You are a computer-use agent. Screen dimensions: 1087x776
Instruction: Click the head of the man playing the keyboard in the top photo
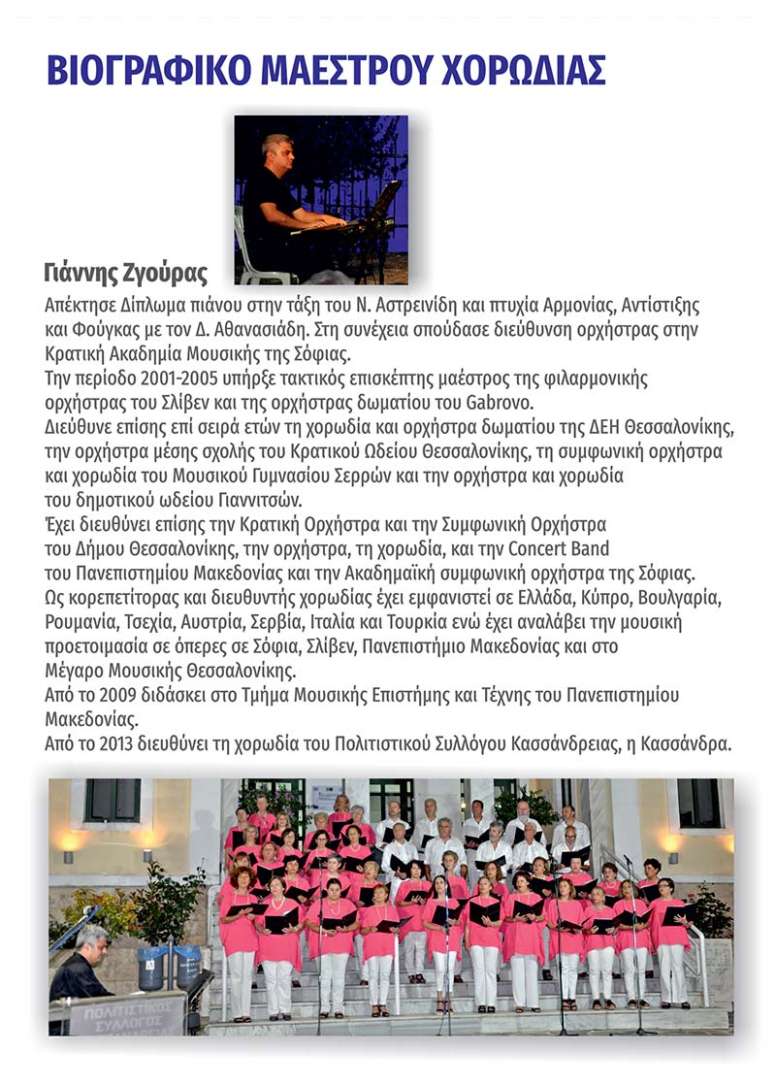click(x=276, y=151)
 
